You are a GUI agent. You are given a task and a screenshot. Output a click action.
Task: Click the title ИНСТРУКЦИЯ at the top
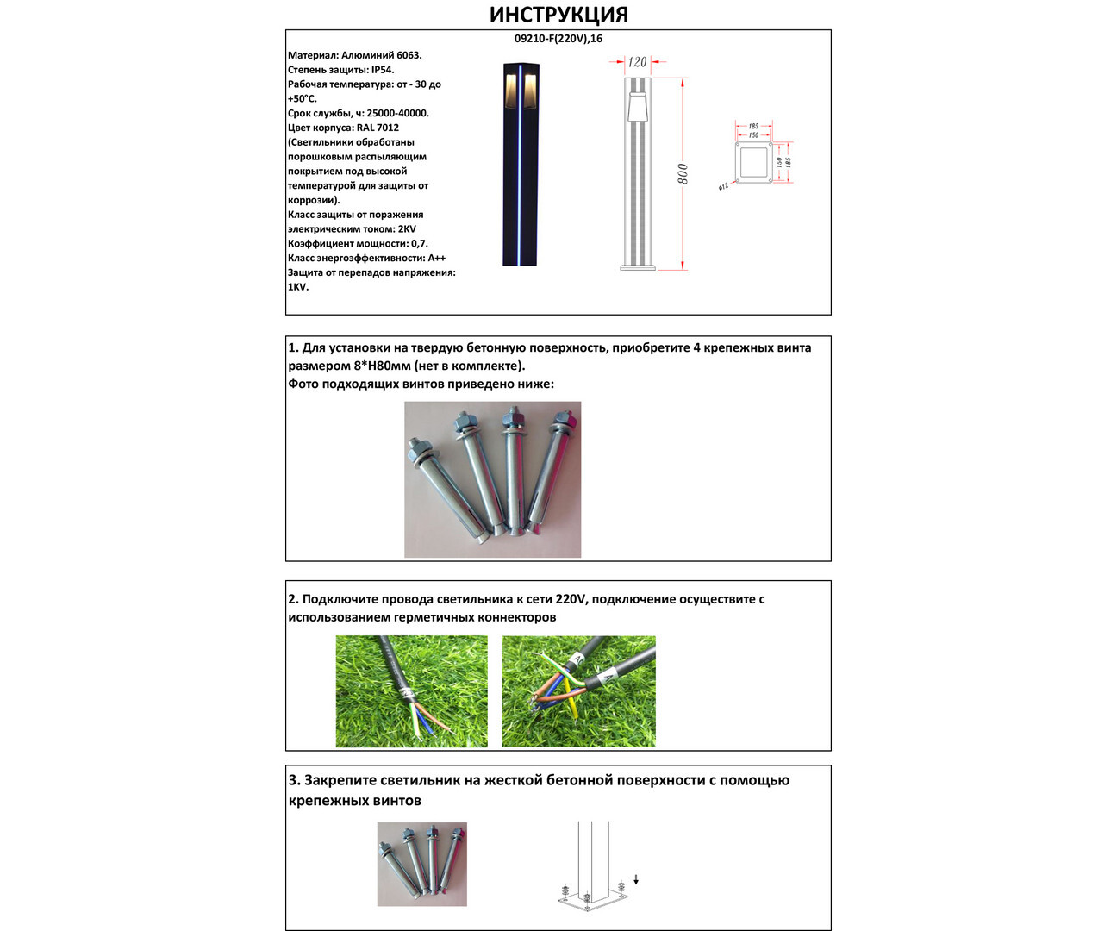[x=558, y=15]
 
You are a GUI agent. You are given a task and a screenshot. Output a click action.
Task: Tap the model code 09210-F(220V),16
[x=558, y=39]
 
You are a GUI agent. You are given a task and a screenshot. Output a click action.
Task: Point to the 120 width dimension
[x=637, y=62]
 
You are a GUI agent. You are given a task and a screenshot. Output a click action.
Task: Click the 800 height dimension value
[x=683, y=173]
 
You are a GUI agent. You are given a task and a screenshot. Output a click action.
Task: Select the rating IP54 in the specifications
[x=382, y=70]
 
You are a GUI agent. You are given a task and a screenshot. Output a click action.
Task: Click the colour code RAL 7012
[x=378, y=128]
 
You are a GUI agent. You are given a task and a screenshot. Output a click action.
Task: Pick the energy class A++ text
[x=436, y=258]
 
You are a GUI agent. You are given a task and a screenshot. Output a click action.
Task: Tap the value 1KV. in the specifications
[x=298, y=287]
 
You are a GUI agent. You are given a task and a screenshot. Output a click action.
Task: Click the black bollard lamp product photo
[x=520, y=164]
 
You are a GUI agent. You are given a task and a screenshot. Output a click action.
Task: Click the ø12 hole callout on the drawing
[x=723, y=186]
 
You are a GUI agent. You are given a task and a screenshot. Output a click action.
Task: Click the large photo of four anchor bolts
[x=492, y=479]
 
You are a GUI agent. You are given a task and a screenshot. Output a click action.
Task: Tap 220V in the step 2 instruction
[x=571, y=599]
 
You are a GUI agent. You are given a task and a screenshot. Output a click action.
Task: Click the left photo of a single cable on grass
[x=411, y=691]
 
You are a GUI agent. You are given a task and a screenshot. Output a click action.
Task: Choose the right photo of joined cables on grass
[x=578, y=691]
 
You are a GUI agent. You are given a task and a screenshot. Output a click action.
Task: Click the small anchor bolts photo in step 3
[x=422, y=864]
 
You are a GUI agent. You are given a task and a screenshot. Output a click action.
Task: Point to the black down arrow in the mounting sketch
[x=636, y=880]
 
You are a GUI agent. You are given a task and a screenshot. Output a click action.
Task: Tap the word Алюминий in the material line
[x=368, y=55]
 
